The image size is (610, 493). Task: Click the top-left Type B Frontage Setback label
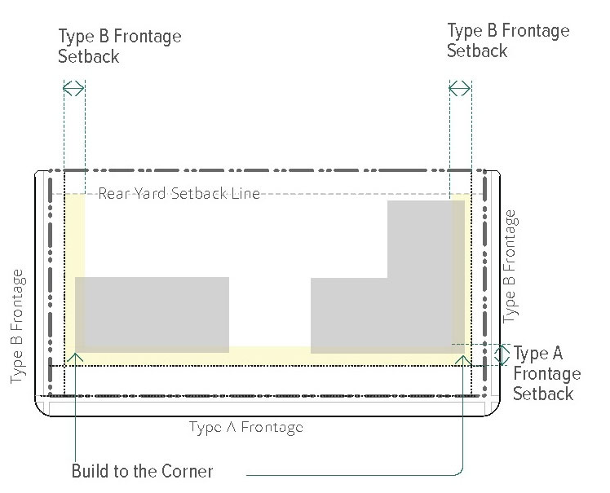(119, 46)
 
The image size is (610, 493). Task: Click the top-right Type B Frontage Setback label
(507, 40)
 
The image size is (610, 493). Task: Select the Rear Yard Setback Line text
(179, 194)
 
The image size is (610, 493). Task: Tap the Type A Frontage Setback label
(546, 374)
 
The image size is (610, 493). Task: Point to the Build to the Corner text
(143, 471)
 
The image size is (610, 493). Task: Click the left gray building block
(152, 314)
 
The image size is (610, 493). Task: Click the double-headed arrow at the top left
(73, 88)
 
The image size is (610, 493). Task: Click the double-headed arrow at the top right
(460, 88)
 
